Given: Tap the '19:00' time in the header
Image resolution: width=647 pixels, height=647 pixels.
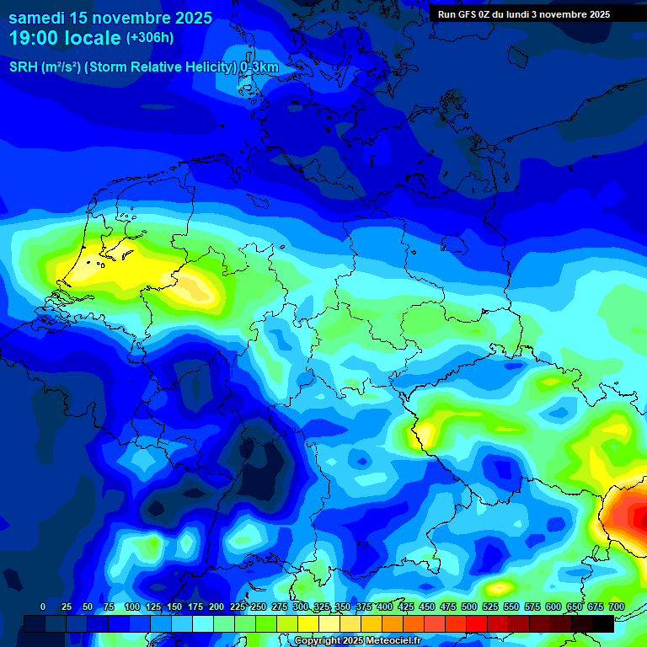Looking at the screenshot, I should (34, 38).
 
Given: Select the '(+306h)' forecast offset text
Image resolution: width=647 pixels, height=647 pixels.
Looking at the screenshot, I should (149, 38).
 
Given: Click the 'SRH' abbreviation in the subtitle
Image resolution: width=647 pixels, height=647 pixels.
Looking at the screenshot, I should (24, 67).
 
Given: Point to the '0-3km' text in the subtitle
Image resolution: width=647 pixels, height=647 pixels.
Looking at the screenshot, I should (259, 67).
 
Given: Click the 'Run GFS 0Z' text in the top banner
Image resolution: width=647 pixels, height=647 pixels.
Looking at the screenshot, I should (468, 14).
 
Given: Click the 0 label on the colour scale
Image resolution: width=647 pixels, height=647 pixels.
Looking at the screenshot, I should (43, 607).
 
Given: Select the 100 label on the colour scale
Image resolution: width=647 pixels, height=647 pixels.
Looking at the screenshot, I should (132, 607).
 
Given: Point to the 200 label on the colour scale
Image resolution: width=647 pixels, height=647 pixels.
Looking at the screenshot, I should (217, 607).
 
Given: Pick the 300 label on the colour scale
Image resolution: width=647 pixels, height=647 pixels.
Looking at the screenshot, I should (301, 607).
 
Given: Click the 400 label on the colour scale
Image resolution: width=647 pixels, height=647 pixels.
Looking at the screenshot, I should (385, 607).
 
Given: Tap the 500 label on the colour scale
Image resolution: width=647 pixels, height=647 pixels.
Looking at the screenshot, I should (469, 607).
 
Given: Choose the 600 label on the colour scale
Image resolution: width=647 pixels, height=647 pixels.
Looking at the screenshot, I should (553, 607).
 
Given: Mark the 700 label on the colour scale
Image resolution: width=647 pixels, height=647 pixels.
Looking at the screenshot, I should (616, 607).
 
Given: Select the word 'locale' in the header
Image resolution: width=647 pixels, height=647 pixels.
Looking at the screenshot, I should (94, 38).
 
